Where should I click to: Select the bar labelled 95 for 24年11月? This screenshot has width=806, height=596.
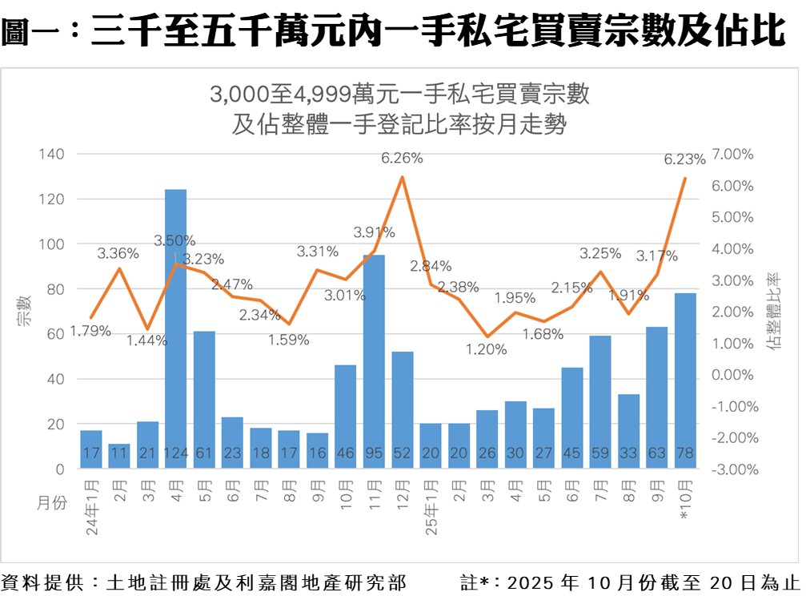coord(374,360)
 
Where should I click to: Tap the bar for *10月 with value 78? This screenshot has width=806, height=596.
coord(685,381)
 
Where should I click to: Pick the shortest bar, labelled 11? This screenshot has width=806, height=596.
coord(119,456)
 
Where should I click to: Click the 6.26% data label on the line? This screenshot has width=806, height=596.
coord(402,159)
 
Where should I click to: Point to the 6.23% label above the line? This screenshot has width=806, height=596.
coord(685,160)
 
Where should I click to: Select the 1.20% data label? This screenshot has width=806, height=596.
coord(487,349)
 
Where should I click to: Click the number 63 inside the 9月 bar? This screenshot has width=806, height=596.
coord(657,454)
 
